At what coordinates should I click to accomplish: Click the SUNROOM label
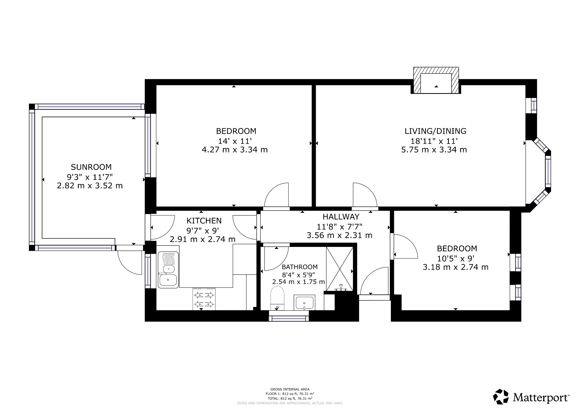91,167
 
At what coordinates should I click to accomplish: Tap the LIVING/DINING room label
435,131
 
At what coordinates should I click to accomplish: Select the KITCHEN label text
204,221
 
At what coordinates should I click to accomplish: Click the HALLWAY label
341,217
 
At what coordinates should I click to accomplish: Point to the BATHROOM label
300,267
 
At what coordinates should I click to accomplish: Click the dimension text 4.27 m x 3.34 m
234,150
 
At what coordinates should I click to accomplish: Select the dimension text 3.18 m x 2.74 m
455,267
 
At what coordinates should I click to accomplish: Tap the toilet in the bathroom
277,297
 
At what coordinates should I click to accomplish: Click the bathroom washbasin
305,303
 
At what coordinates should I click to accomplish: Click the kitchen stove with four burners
204,299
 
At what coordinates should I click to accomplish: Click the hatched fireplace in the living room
436,80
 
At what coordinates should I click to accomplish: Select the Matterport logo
531,397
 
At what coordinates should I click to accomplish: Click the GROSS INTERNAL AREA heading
290,389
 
